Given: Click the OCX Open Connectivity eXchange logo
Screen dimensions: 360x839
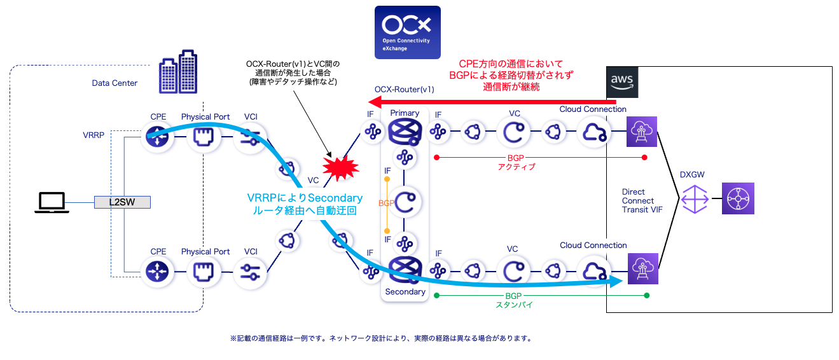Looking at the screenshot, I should pyautogui.click(x=407, y=32).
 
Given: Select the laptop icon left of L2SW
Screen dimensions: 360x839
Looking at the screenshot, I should pyautogui.click(x=52, y=202).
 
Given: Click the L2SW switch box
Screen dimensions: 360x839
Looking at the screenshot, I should pyautogui.click(x=123, y=202).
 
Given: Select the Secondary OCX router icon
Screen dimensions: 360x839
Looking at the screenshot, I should pyautogui.click(x=405, y=270).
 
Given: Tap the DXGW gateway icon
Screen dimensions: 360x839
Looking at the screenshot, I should pyautogui.click(x=693, y=198).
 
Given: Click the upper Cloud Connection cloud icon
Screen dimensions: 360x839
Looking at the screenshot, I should pyautogui.click(x=593, y=133).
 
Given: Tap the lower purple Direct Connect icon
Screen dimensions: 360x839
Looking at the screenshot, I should pyautogui.click(x=642, y=269).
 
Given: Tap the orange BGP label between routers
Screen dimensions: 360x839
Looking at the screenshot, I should pyautogui.click(x=385, y=203).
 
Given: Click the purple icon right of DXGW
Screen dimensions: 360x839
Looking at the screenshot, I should pyautogui.click(x=738, y=198).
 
